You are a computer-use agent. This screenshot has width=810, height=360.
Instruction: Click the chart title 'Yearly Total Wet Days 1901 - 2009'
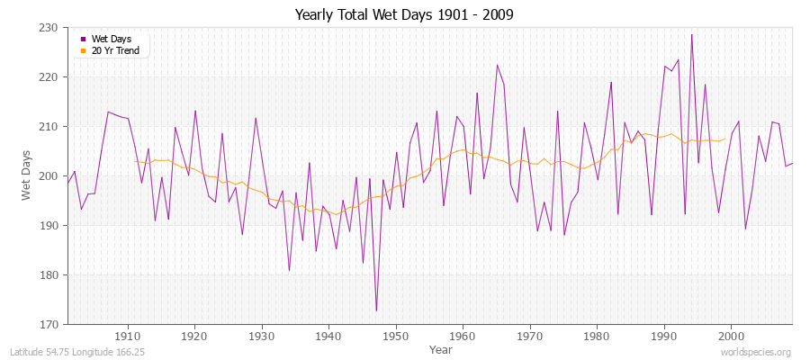pyautogui.click(x=405, y=15)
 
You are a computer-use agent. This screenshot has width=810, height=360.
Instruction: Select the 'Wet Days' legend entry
pyautogui.click(x=111, y=39)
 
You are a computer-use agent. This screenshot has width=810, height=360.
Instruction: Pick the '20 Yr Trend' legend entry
pyautogui.click(x=114, y=50)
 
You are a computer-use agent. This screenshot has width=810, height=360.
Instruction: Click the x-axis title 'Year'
pyautogui.click(x=441, y=348)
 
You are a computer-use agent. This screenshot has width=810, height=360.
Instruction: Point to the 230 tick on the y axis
pyautogui.click(x=52, y=28)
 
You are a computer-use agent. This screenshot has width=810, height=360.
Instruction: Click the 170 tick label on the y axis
pyautogui.click(x=52, y=324)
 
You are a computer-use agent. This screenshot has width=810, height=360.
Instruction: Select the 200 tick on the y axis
pyautogui.click(x=52, y=176)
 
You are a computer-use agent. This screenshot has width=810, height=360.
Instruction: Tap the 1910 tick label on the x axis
pyautogui.click(x=128, y=336)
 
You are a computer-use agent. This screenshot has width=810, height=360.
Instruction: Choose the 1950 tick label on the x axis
pyautogui.click(x=395, y=336)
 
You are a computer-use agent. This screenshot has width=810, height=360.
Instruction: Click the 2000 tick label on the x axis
pyautogui.click(x=730, y=336)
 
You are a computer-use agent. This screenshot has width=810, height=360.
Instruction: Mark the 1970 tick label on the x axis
pyautogui.click(x=529, y=336)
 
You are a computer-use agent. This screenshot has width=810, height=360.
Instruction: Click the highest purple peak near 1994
pyautogui.click(x=691, y=35)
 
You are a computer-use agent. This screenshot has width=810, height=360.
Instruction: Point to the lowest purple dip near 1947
pyautogui.click(x=376, y=310)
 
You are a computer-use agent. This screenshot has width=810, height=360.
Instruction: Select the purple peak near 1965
pyautogui.click(x=497, y=65)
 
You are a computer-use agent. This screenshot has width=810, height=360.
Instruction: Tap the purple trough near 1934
pyautogui.click(x=289, y=270)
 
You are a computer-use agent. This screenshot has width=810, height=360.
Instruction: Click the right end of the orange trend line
pyautogui.click(x=724, y=139)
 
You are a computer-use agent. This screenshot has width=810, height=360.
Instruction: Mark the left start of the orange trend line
pyautogui.click(x=135, y=161)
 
